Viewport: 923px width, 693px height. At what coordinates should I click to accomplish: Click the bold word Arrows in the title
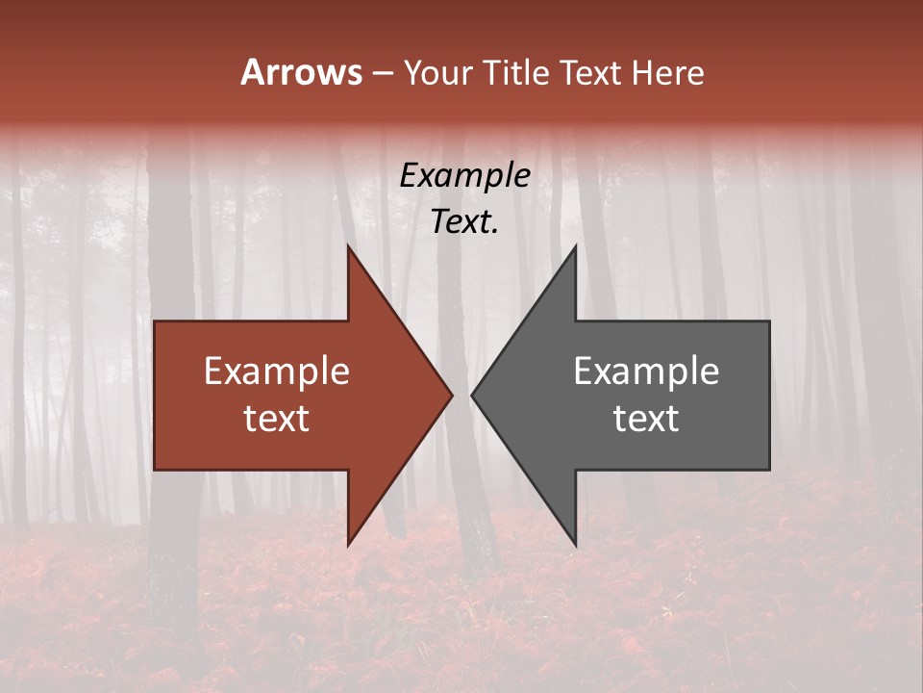301,72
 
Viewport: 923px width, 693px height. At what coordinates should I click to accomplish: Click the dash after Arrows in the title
382,74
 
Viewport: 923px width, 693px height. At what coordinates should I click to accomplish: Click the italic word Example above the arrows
465,176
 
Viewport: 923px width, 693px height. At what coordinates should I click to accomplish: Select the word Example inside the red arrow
277,372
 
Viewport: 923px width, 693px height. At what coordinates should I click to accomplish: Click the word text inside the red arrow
277,418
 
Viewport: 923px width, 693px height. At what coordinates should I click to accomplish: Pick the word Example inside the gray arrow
646,372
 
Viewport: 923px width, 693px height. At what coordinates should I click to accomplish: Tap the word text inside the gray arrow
646,418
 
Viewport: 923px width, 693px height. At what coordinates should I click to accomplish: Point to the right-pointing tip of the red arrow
451,395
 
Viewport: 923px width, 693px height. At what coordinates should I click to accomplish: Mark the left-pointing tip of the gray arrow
472,395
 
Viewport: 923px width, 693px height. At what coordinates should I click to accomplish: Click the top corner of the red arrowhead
348,247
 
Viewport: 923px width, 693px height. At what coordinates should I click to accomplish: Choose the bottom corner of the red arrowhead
348,545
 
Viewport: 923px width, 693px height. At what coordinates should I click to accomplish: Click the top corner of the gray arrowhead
575,247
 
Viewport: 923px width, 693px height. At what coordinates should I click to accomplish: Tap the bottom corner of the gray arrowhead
575,545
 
